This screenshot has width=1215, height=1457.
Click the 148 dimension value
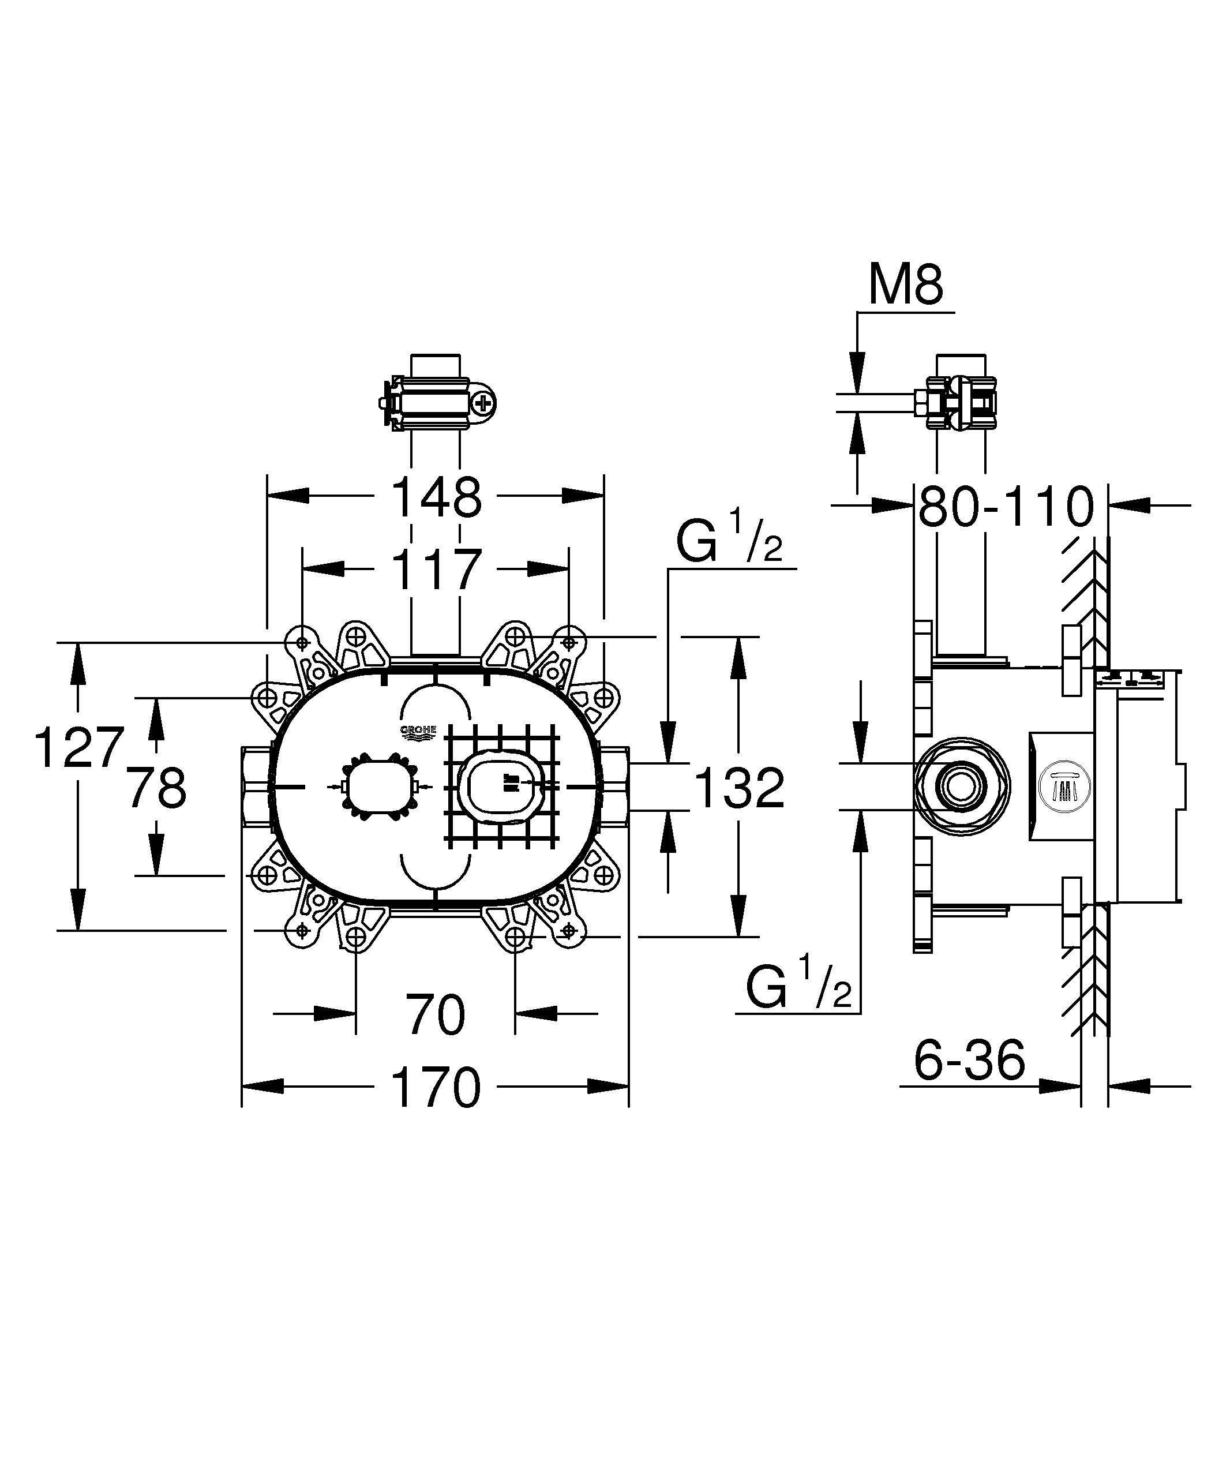click(436, 497)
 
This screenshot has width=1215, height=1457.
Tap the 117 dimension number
click(436, 570)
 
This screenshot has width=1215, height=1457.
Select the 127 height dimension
click(79, 747)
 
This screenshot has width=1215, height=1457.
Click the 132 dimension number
click(739, 788)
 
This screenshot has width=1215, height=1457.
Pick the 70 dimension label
click(435, 1014)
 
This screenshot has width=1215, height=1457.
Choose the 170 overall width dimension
click(436, 1087)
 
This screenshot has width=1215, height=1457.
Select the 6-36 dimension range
click(969, 1059)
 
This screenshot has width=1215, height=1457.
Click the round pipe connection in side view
click(961, 787)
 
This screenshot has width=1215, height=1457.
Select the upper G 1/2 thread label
click(730, 544)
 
